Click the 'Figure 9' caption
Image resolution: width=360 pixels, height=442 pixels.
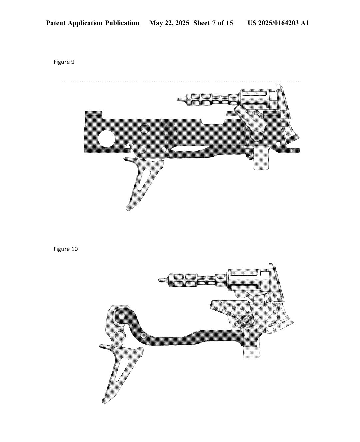[x=64, y=62]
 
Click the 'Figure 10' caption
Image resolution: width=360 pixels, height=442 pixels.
[x=66, y=249]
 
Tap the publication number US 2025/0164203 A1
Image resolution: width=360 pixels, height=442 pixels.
[x=278, y=23]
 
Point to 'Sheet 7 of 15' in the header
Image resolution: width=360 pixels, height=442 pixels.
[x=213, y=23]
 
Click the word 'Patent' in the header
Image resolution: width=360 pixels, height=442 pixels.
[x=56, y=23]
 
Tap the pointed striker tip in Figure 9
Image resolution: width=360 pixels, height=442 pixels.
[x=179, y=99]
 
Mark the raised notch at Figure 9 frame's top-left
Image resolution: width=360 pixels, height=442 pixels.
[x=93, y=114]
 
